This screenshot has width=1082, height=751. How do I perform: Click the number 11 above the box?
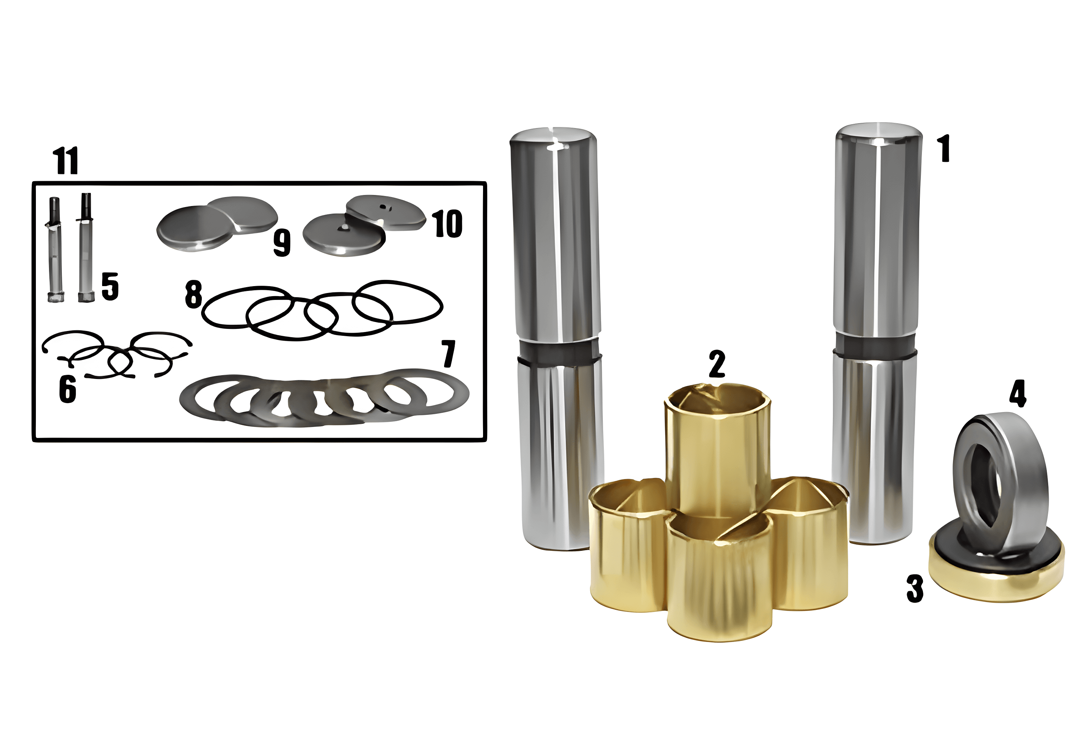(66, 160)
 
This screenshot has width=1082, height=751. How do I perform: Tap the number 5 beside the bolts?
(110, 286)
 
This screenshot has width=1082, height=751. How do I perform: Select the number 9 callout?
(282, 243)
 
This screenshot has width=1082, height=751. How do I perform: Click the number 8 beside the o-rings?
(193, 294)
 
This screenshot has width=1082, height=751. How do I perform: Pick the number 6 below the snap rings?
(67, 389)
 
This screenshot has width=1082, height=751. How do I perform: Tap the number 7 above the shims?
(448, 353)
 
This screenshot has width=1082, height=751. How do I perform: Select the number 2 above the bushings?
(717, 364)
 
